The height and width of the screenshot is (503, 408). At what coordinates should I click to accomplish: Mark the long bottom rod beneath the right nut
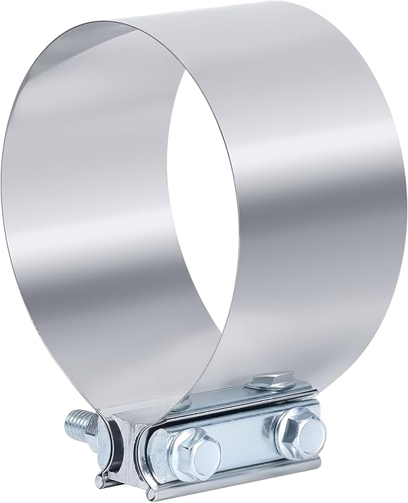pyautogui.click(x=287, y=470)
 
